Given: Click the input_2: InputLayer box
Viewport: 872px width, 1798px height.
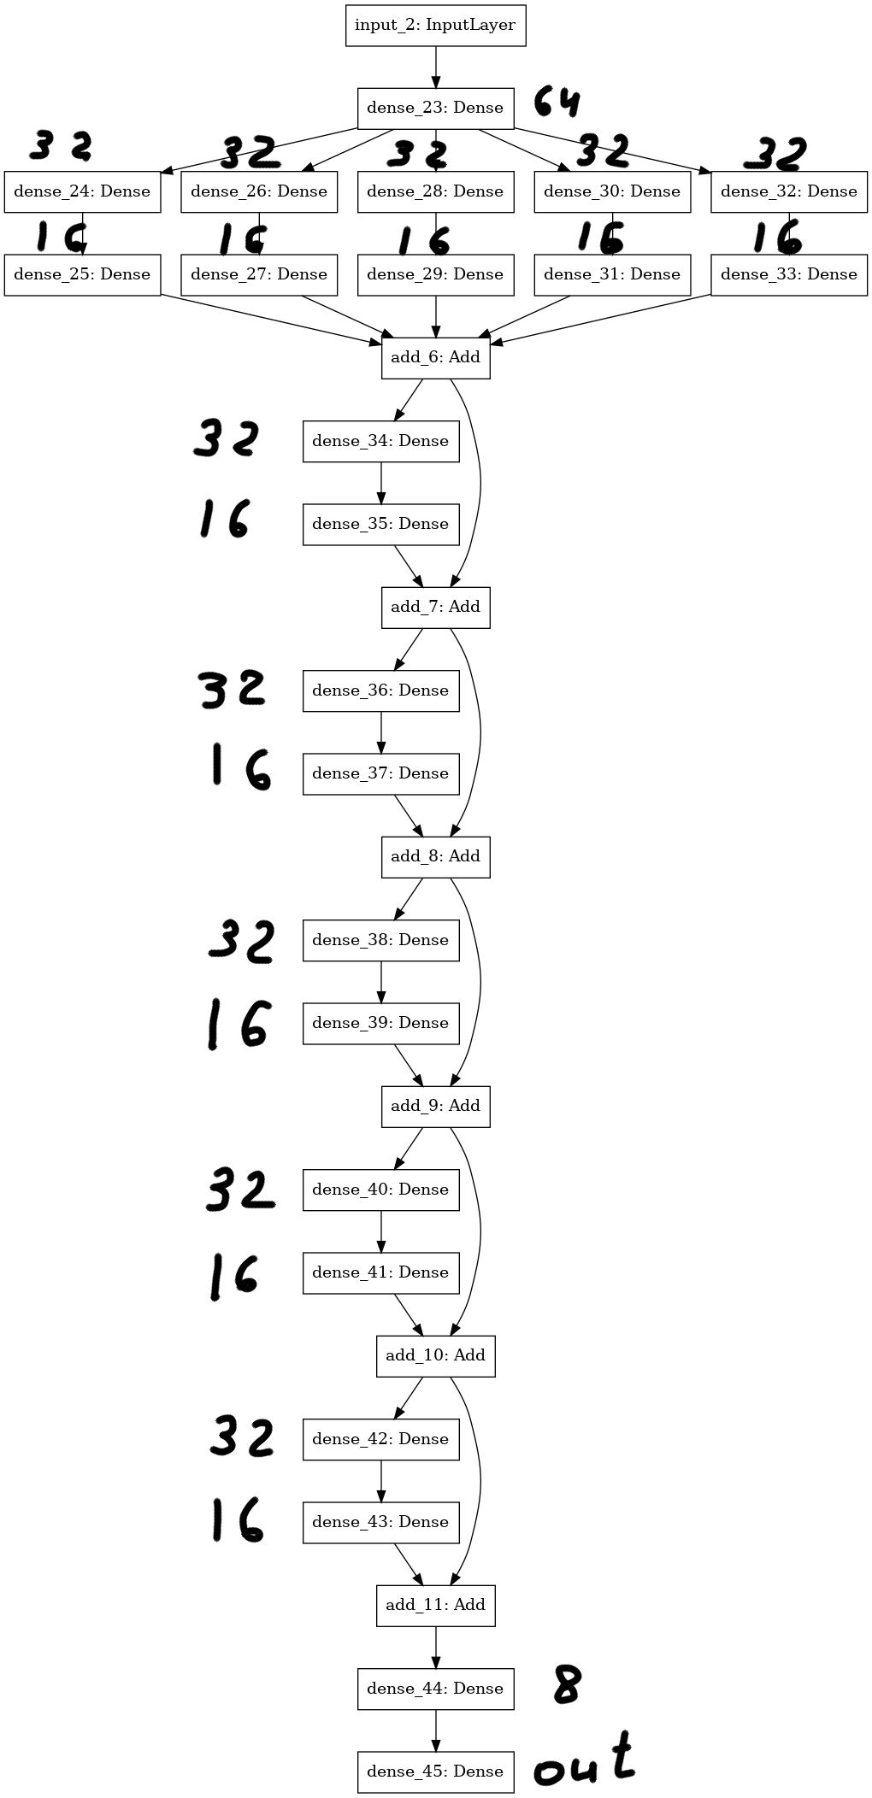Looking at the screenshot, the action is click(435, 25).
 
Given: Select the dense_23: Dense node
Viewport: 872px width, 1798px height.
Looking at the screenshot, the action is click(435, 108).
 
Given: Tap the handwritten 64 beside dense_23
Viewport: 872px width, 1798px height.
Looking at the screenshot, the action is click(557, 102).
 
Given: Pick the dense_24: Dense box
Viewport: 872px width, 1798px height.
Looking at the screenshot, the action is click(82, 191).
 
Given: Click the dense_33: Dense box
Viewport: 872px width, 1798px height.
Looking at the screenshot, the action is click(789, 274).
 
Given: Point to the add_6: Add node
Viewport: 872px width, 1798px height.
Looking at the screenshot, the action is click(435, 357).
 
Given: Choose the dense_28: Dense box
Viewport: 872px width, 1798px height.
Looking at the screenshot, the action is click(435, 191).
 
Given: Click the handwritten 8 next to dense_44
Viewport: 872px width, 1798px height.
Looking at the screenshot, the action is click(566, 1683).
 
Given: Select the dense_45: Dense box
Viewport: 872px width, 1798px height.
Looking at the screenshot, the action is click(435, 1772).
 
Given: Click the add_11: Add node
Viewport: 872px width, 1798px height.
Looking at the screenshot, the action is click(435, 1605).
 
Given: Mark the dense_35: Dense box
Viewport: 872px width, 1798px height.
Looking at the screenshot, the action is click(380, 524).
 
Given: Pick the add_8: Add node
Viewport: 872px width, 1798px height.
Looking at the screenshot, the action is click(435, 856).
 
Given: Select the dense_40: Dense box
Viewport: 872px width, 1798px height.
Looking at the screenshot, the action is click(380, 1190).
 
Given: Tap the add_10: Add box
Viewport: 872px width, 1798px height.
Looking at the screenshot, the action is click(435, 1355).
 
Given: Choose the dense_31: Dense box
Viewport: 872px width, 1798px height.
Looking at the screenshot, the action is click(612, 274).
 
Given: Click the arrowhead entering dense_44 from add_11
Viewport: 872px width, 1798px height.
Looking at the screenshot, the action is click(435, 1662).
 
